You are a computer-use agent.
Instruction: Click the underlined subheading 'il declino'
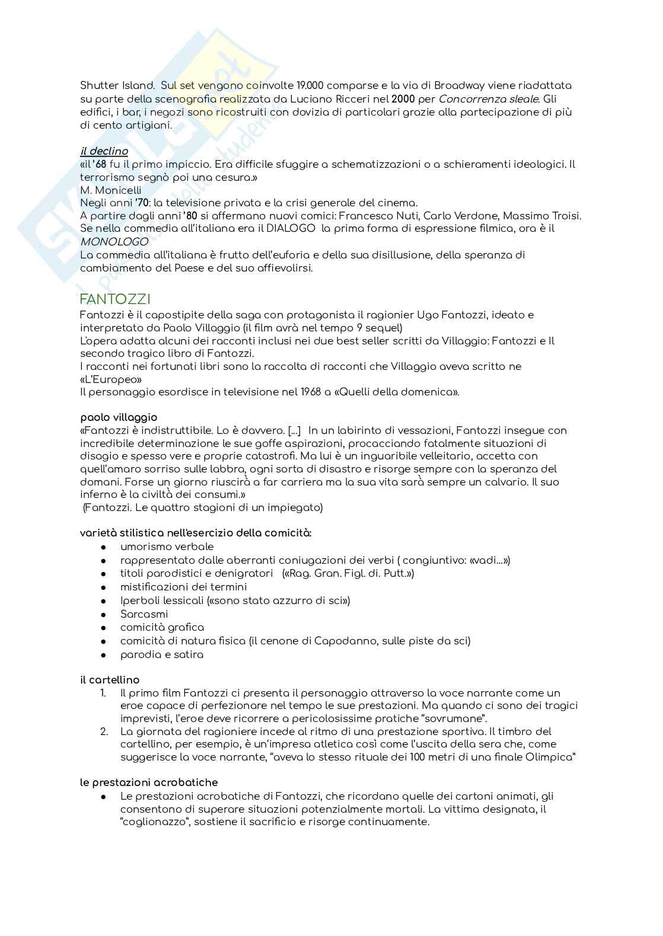pos(104,151)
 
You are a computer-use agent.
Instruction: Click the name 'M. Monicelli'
pos(111,190)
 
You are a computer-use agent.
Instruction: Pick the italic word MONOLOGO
pos(114,242)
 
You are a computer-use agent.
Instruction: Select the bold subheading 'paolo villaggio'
pos(119,417)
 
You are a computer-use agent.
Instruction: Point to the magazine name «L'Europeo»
pos(111,379)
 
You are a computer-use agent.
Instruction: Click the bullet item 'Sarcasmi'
pos(144,614)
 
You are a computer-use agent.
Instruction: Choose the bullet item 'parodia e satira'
pos(161,654)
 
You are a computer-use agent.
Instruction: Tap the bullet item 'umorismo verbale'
pos(167,547)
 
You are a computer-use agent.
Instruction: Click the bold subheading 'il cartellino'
pos(110,680)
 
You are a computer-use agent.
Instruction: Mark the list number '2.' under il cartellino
pos(104,731)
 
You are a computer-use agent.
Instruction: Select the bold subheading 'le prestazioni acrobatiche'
pos(149,782)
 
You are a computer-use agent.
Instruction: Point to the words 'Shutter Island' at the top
pos(117,86)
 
